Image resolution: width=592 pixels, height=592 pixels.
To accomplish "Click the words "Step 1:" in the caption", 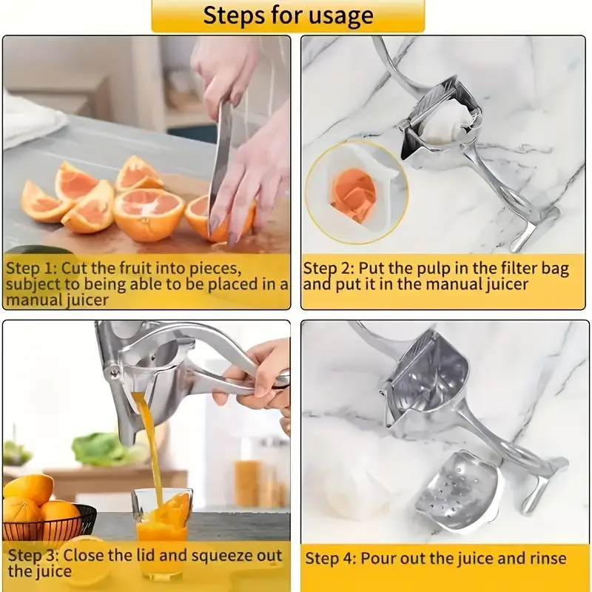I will (x=30, y=268).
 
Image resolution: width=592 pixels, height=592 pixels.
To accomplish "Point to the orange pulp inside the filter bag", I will (x=353, y=195).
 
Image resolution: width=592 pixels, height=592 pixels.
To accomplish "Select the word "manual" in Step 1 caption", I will (x=30, y=300).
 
